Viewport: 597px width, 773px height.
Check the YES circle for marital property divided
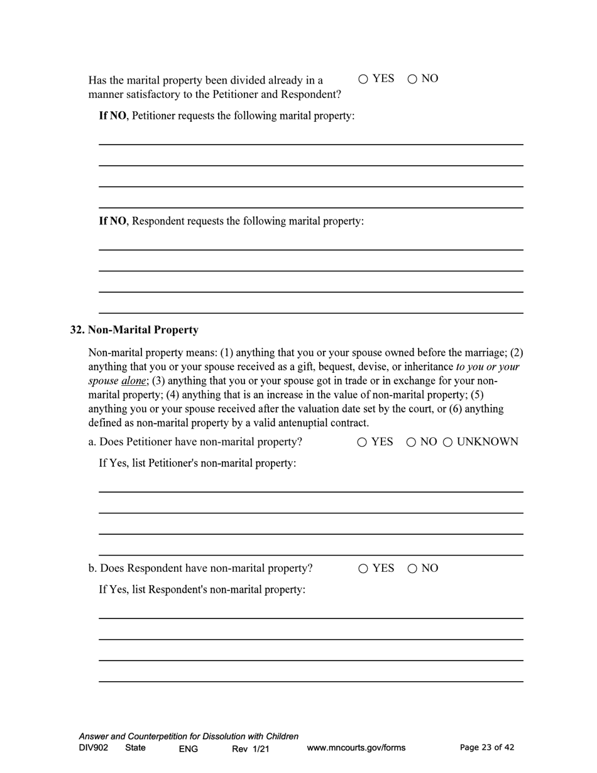click(363, 79)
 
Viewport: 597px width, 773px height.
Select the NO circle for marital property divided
click(412, 79)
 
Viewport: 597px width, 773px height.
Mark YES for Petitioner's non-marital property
click(362, 442)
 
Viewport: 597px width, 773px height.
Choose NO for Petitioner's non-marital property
click(411, 442)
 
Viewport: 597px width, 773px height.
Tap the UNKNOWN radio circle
click(448, 442)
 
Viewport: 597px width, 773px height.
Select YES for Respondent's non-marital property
click(363, 569)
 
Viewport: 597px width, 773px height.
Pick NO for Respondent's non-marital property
click(412, 569)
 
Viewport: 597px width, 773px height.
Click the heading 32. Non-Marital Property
click(134, 330)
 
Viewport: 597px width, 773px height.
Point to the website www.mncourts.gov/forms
click(356, 748)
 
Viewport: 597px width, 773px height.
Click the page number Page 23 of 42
click(487, 747)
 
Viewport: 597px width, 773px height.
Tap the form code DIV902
click(94, 748)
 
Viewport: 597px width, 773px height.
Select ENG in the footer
click(188, 748)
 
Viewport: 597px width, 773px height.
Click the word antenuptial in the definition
click(298, 423)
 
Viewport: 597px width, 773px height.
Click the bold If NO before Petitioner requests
click(113, 116)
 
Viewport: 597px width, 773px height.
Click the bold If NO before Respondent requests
click(113, 221)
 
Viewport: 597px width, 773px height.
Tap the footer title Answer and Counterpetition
click(189, 736)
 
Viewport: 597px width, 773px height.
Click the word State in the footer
click(135, 748)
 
